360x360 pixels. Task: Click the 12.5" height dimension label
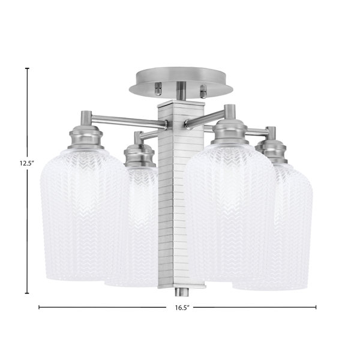26,163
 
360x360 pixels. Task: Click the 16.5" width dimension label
182,308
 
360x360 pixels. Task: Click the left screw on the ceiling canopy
158,89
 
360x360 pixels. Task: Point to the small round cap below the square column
182,292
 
